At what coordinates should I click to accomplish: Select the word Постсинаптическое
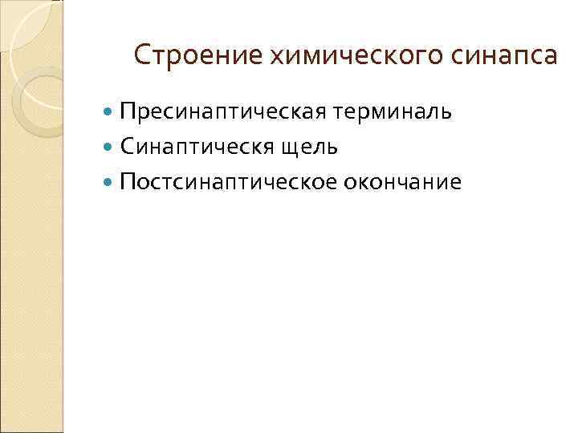pos(226,182)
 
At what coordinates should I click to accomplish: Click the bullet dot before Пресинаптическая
pos(109,112)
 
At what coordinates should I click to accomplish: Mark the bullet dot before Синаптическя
pos(109,148)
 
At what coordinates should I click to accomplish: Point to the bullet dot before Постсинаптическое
pos(109,183)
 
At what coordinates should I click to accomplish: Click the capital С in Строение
pos(141,55)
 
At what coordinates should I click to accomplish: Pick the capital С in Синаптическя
pos(126,147)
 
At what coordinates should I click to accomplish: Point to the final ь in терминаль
pos(446,112)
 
